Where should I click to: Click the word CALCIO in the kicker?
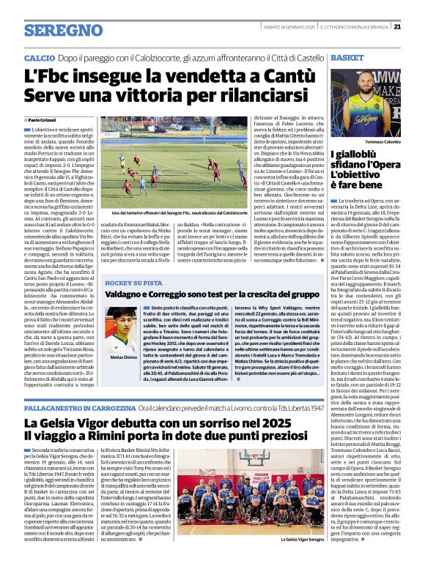pyautogui.click(x=40, y=57)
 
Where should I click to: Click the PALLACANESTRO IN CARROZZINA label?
pyautogui.click(x=81, y=406)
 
